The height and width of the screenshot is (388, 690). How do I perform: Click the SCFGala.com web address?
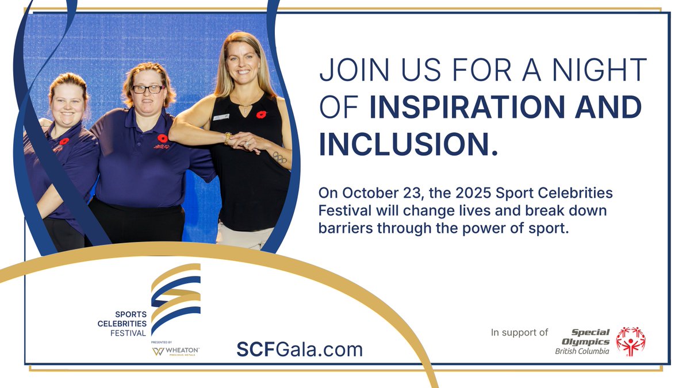pos(300,349)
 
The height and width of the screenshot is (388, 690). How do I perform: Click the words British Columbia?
pos(582,351)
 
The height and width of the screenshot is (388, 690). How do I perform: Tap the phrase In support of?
pos(519,332)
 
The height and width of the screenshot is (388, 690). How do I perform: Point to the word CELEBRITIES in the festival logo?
pos(122,324)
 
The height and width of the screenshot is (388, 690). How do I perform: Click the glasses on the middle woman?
pos(148,89)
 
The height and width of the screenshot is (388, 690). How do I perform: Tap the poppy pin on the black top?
pos(262,114)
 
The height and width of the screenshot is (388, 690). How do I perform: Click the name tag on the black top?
pos(221,117)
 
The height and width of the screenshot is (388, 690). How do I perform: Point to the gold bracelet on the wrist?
pos(228,138)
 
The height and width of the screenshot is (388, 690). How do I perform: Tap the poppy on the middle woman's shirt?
pos(163,139)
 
